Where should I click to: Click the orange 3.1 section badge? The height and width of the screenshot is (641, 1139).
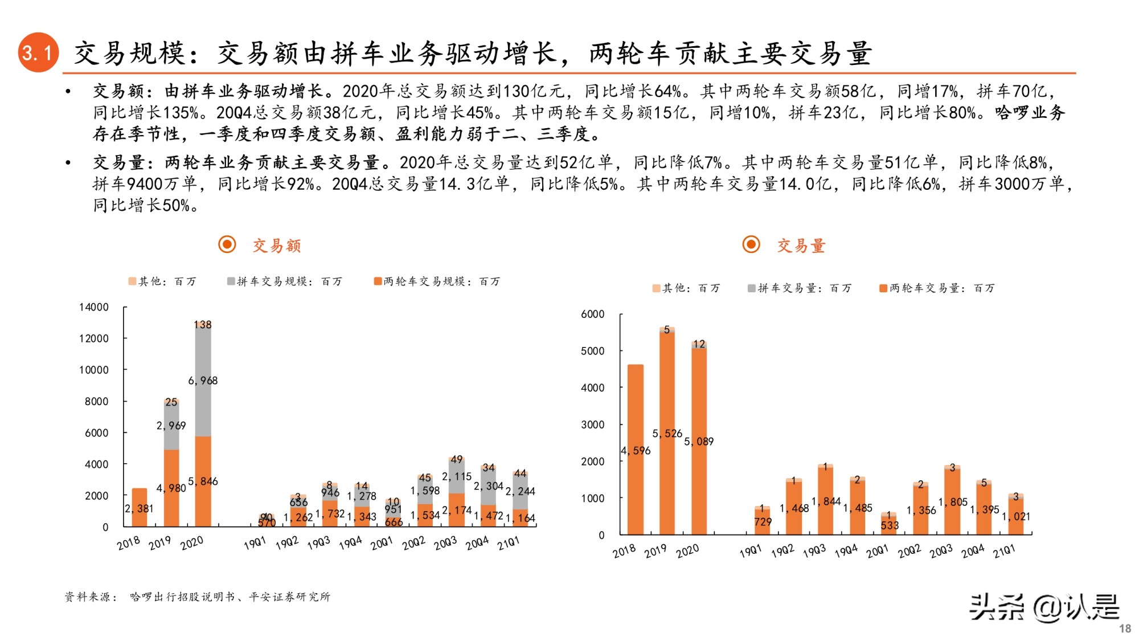coord(38,52)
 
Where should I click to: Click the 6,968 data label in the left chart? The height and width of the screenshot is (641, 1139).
coord(203,381)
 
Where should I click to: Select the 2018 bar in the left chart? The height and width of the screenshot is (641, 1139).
coord(140,507)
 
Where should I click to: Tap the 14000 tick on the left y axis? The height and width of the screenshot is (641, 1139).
coord(94,307)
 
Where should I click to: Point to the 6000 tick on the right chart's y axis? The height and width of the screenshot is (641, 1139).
coord(592,314)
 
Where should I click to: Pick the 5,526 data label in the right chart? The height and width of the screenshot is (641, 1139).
coord(667,434)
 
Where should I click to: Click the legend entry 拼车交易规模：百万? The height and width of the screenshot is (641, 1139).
coord(284,281)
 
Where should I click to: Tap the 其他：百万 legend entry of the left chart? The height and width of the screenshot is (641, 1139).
coord(162,281)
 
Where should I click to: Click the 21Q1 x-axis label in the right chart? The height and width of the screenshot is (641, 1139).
coord(1003,551)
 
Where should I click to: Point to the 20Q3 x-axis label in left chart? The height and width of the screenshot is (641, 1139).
coord(445,543)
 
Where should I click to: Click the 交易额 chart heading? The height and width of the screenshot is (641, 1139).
coord(276,246)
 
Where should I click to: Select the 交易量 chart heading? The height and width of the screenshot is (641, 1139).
coord(801,246)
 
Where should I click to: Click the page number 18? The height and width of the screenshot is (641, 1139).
coord(1125,628)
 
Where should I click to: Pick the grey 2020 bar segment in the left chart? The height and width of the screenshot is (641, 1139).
coord(203,399)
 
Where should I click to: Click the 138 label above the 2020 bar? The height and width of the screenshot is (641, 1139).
coord(203,325)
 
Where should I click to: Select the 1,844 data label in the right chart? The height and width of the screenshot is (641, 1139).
coord(826,501)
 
